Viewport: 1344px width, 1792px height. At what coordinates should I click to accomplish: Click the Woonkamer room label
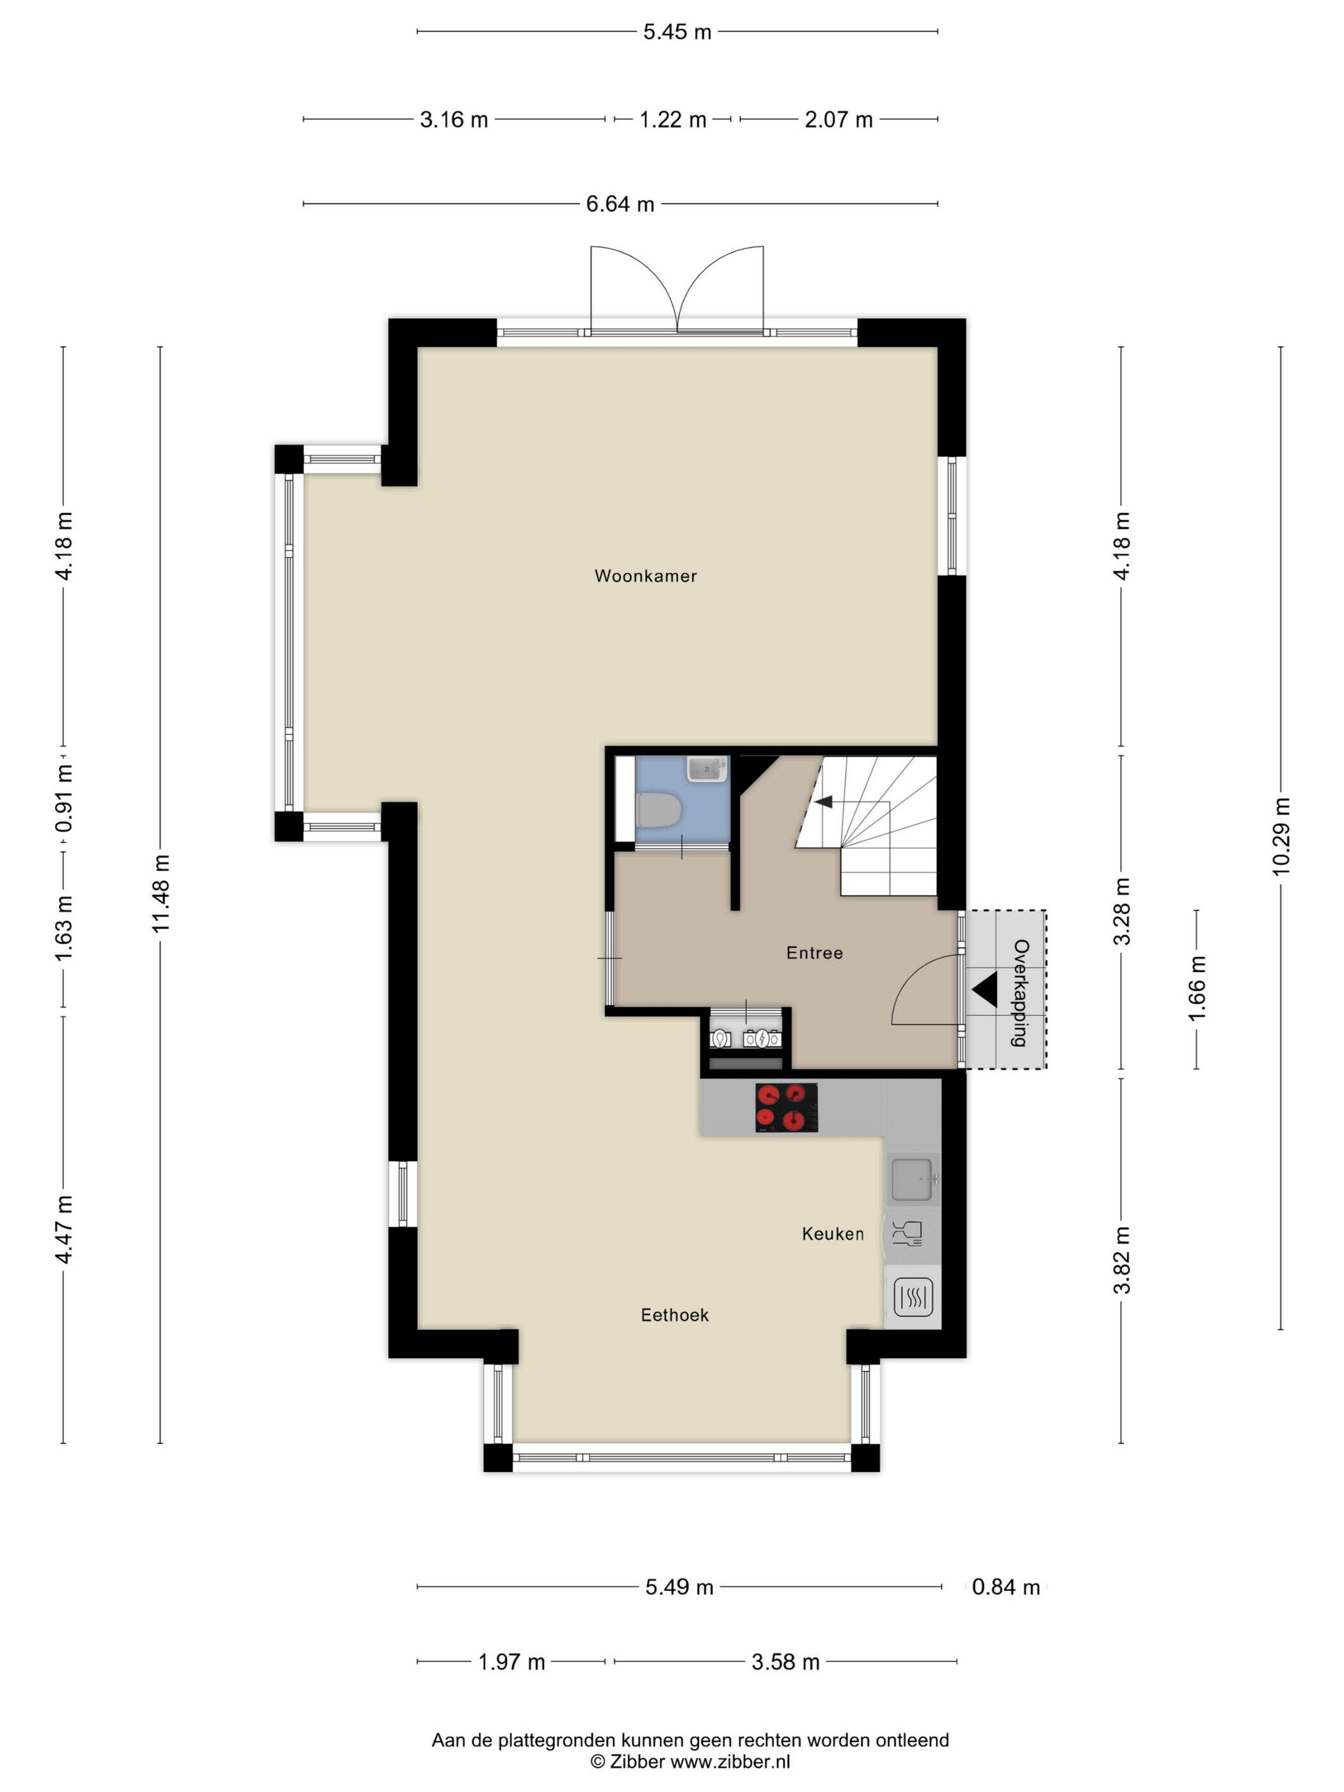click(x=645, y=576)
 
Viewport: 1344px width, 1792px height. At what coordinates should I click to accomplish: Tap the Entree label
click(x=814, y=953)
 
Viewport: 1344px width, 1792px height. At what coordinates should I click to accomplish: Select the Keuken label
click(x=833, y=1233)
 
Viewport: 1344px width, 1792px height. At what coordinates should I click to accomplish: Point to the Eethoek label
click(x=674, y=1315)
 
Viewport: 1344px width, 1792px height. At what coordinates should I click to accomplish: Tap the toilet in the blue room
click(x=659, y=810)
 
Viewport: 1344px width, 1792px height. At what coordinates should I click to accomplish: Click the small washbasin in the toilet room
click(x=707, y=768)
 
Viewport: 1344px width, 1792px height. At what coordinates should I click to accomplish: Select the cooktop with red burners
click(x=786, y=1107)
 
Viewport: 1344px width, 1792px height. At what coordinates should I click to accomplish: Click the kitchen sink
click(x=915, y=1180)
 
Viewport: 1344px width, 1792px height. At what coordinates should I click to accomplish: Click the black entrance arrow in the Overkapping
click(x=984, y=990)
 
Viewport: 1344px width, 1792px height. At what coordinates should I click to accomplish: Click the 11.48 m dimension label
click(x=161, y=893)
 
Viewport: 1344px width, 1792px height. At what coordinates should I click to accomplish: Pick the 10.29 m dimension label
click(x=1280, y=836)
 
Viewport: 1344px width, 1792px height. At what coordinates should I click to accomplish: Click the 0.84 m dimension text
click(x=1005, y=1587)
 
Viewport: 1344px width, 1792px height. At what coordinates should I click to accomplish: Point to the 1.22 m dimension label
click(x=673, y=120)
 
